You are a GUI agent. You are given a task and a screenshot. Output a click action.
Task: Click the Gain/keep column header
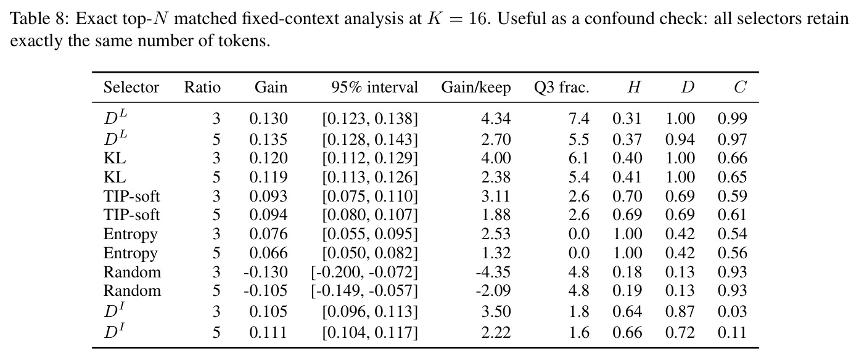pos(475,88)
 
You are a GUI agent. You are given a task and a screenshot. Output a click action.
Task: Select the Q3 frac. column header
pos(561,88)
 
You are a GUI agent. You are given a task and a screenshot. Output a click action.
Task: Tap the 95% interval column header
pos(374,88)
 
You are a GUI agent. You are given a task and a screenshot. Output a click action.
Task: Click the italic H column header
pos(635,88)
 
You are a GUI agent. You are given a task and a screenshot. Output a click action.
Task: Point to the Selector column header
pos(131,88)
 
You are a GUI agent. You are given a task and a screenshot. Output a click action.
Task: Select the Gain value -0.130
pos(265,272)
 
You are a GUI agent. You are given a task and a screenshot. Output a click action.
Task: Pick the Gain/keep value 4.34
pos(496,118)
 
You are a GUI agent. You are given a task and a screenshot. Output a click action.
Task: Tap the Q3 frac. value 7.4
pos(579,118)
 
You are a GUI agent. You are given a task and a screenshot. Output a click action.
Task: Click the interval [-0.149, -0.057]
pos(364,291)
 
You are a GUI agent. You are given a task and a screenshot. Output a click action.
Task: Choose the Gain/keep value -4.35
pos(493,272)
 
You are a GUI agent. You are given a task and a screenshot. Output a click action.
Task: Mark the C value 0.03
pos(733,311)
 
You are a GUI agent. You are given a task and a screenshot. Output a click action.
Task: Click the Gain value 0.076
pos(268,234)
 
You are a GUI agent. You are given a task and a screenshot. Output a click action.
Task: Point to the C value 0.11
pos(733,332)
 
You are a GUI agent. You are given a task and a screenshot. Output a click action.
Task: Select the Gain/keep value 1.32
pos(496,253)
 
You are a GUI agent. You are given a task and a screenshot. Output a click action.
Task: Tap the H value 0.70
pos(627,196)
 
